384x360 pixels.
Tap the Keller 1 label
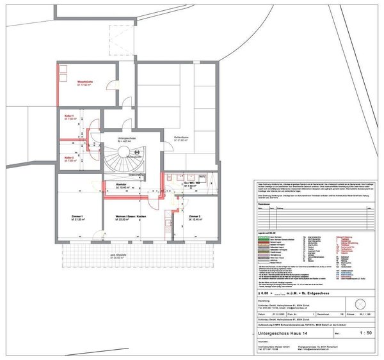[69, 116]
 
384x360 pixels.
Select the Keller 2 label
[69, 158]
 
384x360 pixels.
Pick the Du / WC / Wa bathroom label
[193, 183]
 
